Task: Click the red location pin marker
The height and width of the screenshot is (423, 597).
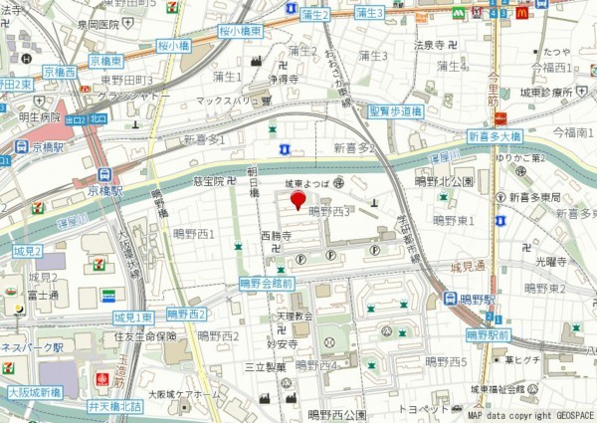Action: click(297, 201)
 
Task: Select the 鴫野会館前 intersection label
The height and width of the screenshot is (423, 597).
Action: click(267, 283)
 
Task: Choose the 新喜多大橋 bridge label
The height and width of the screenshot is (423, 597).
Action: click(494, 135)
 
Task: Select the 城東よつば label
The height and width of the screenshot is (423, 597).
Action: click(305, 184)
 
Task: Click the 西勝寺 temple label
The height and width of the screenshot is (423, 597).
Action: click(276, 237)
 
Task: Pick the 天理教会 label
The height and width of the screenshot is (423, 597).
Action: click(295, 316)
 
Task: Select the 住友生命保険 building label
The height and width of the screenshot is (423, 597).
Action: click(144, 336)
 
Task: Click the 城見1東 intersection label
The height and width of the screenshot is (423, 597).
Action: click(133, 317)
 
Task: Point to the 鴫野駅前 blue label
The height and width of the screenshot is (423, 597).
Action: click(489, 335)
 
